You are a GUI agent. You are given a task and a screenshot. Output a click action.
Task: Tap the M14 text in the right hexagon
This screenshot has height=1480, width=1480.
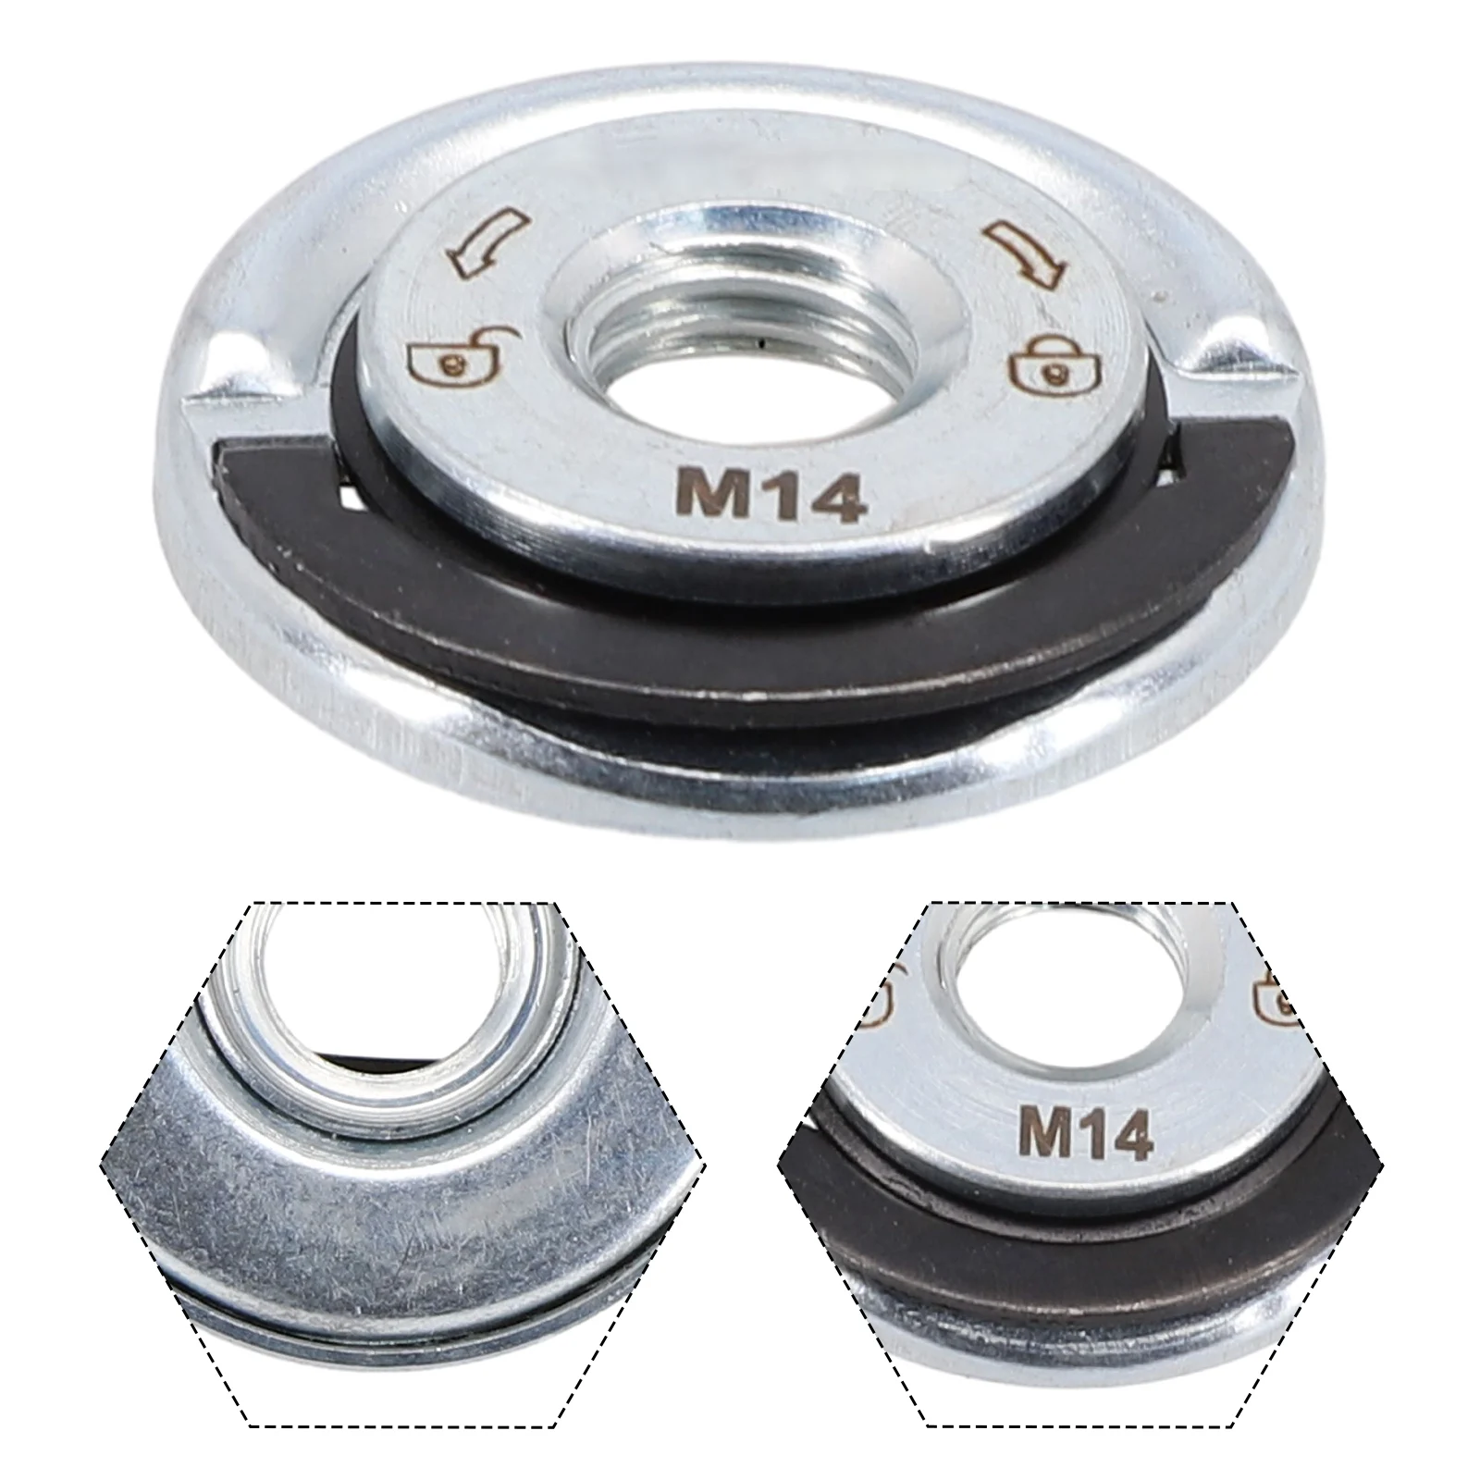coord(1085,1132)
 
